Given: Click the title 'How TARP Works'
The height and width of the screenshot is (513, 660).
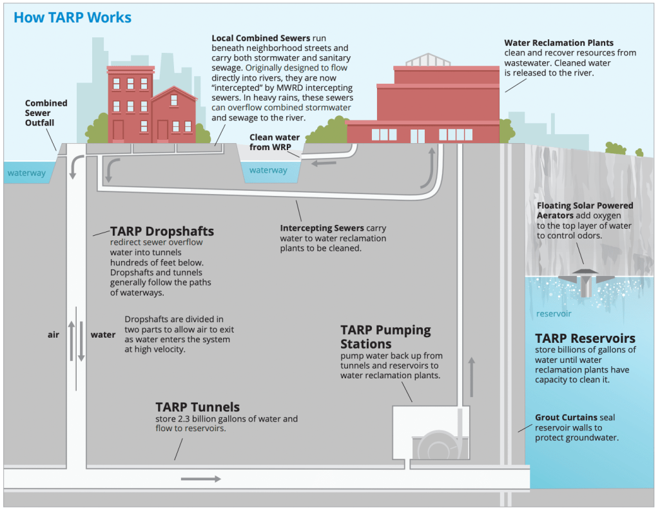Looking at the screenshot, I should [x=72, y=17].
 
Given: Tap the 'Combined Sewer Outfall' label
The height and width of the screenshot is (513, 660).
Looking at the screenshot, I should [x=46, y=113].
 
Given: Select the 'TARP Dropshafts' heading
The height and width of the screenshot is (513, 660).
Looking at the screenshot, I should [x=162, y=231].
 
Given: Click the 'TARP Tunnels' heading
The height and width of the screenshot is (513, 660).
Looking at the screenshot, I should [x=197, y=407].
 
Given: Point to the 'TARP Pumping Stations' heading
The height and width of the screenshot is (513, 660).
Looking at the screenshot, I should [x=385, y=336].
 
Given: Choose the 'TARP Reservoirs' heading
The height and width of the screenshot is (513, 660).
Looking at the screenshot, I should [x=585, y=338].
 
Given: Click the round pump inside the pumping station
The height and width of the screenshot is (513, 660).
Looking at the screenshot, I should [x=437, y=445].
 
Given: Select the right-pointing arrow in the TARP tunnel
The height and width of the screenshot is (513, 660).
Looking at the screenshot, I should [x=200, y=479].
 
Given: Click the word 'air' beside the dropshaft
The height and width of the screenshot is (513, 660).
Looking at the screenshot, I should [x=53, y=335].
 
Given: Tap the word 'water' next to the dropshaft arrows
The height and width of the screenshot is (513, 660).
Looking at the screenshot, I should [x=103, y=335].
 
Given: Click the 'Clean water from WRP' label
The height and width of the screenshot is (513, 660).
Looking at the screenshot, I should [x=275, y=142].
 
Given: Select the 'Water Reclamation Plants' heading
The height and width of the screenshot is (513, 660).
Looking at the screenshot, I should [x=559, y=43].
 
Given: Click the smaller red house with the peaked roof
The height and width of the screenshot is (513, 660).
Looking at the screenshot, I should [x=174, y=116].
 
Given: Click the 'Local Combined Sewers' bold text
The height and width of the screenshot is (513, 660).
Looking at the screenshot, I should [x=260, y=38].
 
